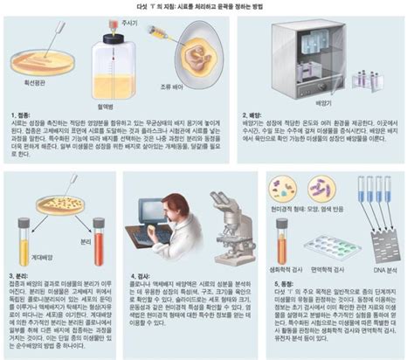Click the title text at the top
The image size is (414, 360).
pos(207,6)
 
